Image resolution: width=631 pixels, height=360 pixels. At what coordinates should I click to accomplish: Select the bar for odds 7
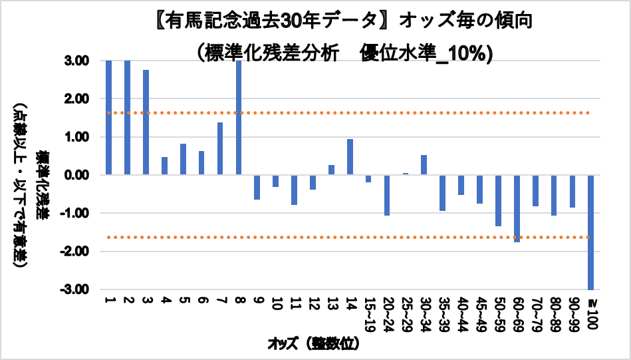pos(219,148)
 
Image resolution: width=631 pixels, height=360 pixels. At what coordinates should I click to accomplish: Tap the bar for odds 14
pos(350,157)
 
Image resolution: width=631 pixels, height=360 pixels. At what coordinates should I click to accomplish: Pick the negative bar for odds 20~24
pos(386,195)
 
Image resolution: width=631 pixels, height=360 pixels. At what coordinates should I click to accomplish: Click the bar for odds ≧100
pos(590,232)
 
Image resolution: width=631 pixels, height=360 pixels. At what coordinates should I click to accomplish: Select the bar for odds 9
pos(257,187)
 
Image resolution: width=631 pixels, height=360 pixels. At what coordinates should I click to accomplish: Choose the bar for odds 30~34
pos(424,165)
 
